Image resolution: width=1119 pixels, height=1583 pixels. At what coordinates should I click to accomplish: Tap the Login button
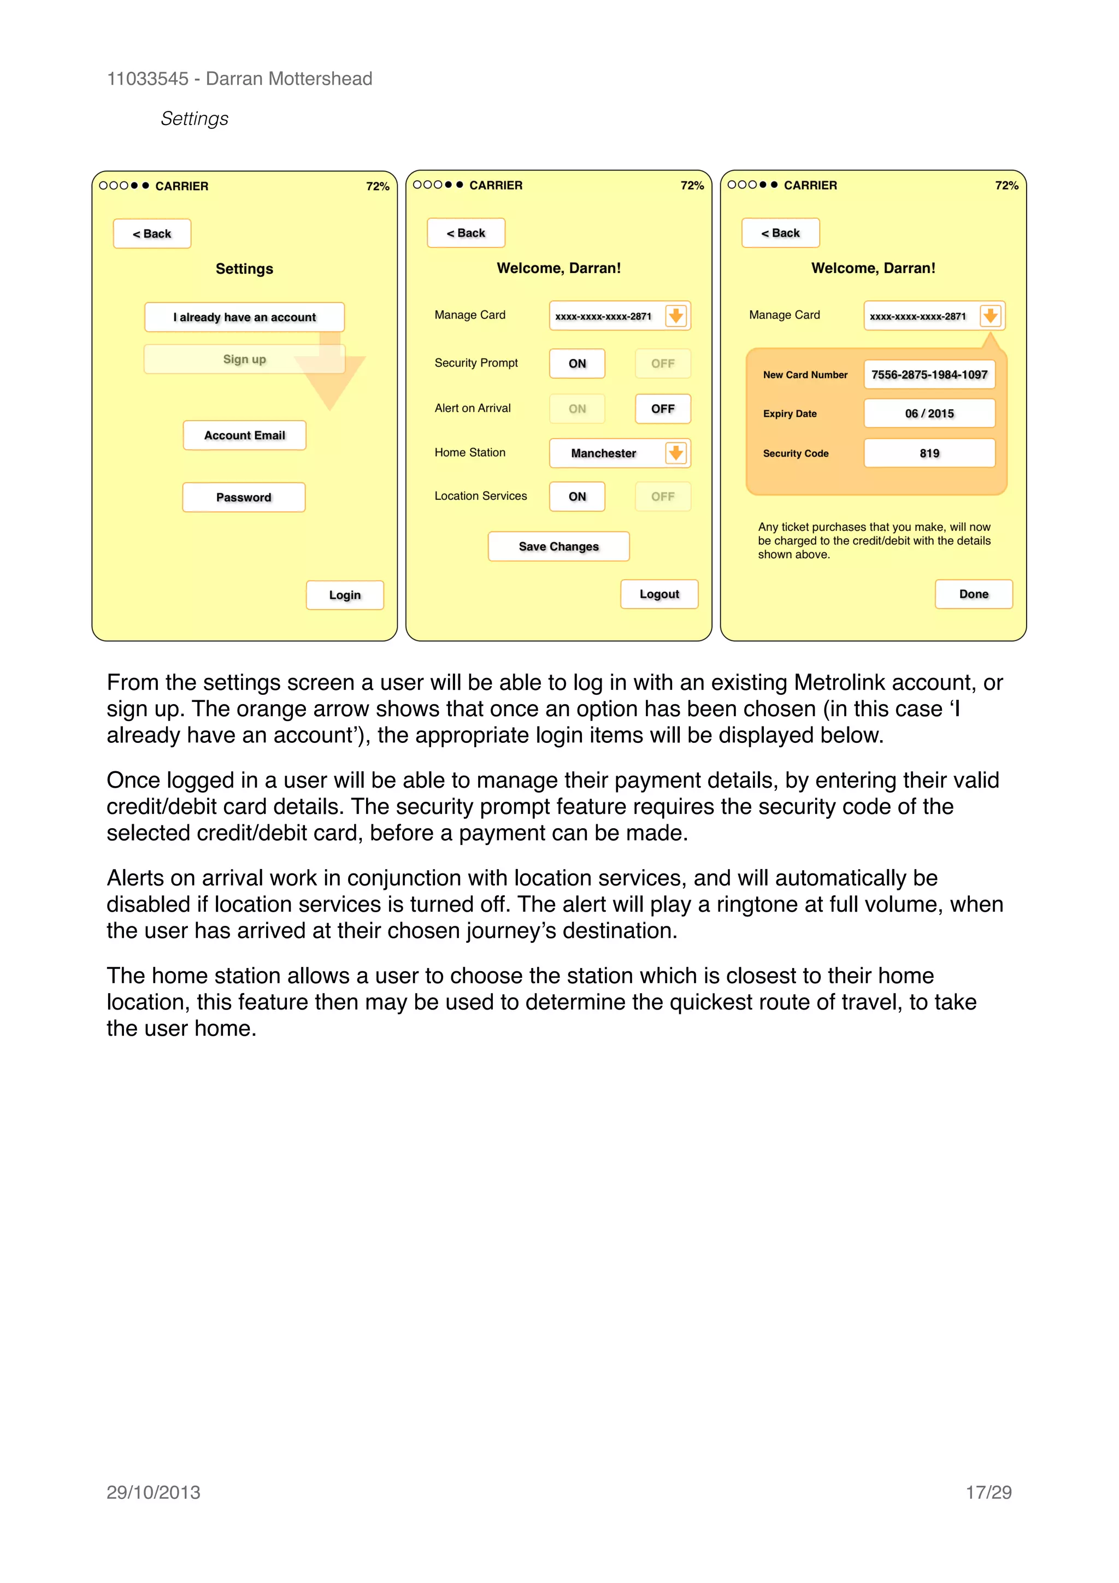345,595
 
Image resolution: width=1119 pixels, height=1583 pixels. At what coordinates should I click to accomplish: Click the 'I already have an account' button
244,317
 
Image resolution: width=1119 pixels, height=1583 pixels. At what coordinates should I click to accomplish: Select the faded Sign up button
244,359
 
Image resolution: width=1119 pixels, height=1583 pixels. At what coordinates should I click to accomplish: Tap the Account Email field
244,435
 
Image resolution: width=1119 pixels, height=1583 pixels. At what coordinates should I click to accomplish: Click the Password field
243,497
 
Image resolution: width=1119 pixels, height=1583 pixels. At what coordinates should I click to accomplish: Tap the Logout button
659,594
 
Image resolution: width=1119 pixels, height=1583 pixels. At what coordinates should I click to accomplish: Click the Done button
974,594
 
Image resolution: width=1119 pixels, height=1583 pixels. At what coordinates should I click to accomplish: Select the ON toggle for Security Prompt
577,363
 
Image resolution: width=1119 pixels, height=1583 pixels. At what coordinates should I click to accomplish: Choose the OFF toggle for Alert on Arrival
663,409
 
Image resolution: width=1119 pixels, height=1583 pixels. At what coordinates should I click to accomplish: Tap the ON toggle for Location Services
577,497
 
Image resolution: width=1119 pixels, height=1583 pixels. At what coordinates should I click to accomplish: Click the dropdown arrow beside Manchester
676,453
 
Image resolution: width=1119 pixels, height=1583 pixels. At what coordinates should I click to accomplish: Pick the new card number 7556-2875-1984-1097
929,374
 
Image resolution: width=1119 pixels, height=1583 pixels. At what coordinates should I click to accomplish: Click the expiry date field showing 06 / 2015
929,414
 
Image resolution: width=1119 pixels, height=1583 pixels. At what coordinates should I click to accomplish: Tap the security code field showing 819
929,453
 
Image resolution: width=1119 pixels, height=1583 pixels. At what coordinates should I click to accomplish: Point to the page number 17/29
988,1493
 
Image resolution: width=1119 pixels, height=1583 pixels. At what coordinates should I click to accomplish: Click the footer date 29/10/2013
153,1493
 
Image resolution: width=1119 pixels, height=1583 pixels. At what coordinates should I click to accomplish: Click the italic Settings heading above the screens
195,119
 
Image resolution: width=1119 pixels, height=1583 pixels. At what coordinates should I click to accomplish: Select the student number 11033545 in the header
148,79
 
